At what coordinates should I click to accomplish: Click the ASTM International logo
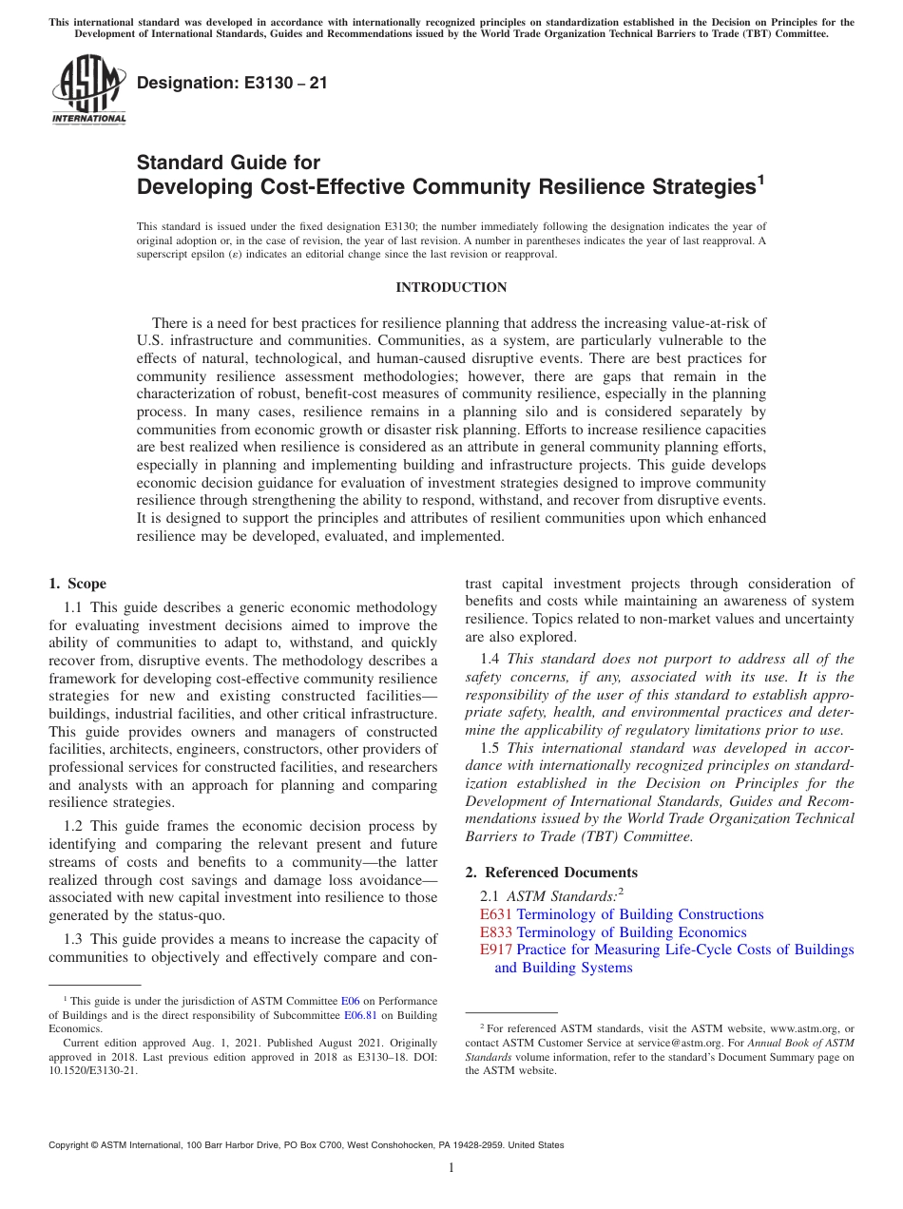(88, 89)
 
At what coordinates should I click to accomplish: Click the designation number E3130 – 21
(232, 84)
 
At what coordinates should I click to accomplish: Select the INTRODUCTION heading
(451, 287)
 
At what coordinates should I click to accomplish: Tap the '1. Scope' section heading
(78, 584)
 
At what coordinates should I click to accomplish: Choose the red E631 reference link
(496, 914)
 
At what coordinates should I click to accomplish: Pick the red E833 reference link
(496, 932)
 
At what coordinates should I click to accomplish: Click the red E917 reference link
(496, 950)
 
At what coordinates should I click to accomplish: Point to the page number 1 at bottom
(451, 1168)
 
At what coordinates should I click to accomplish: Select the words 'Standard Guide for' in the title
(229, 163)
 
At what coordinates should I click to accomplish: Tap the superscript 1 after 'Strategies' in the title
(759, 180)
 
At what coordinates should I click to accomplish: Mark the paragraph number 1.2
(75, 826)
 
